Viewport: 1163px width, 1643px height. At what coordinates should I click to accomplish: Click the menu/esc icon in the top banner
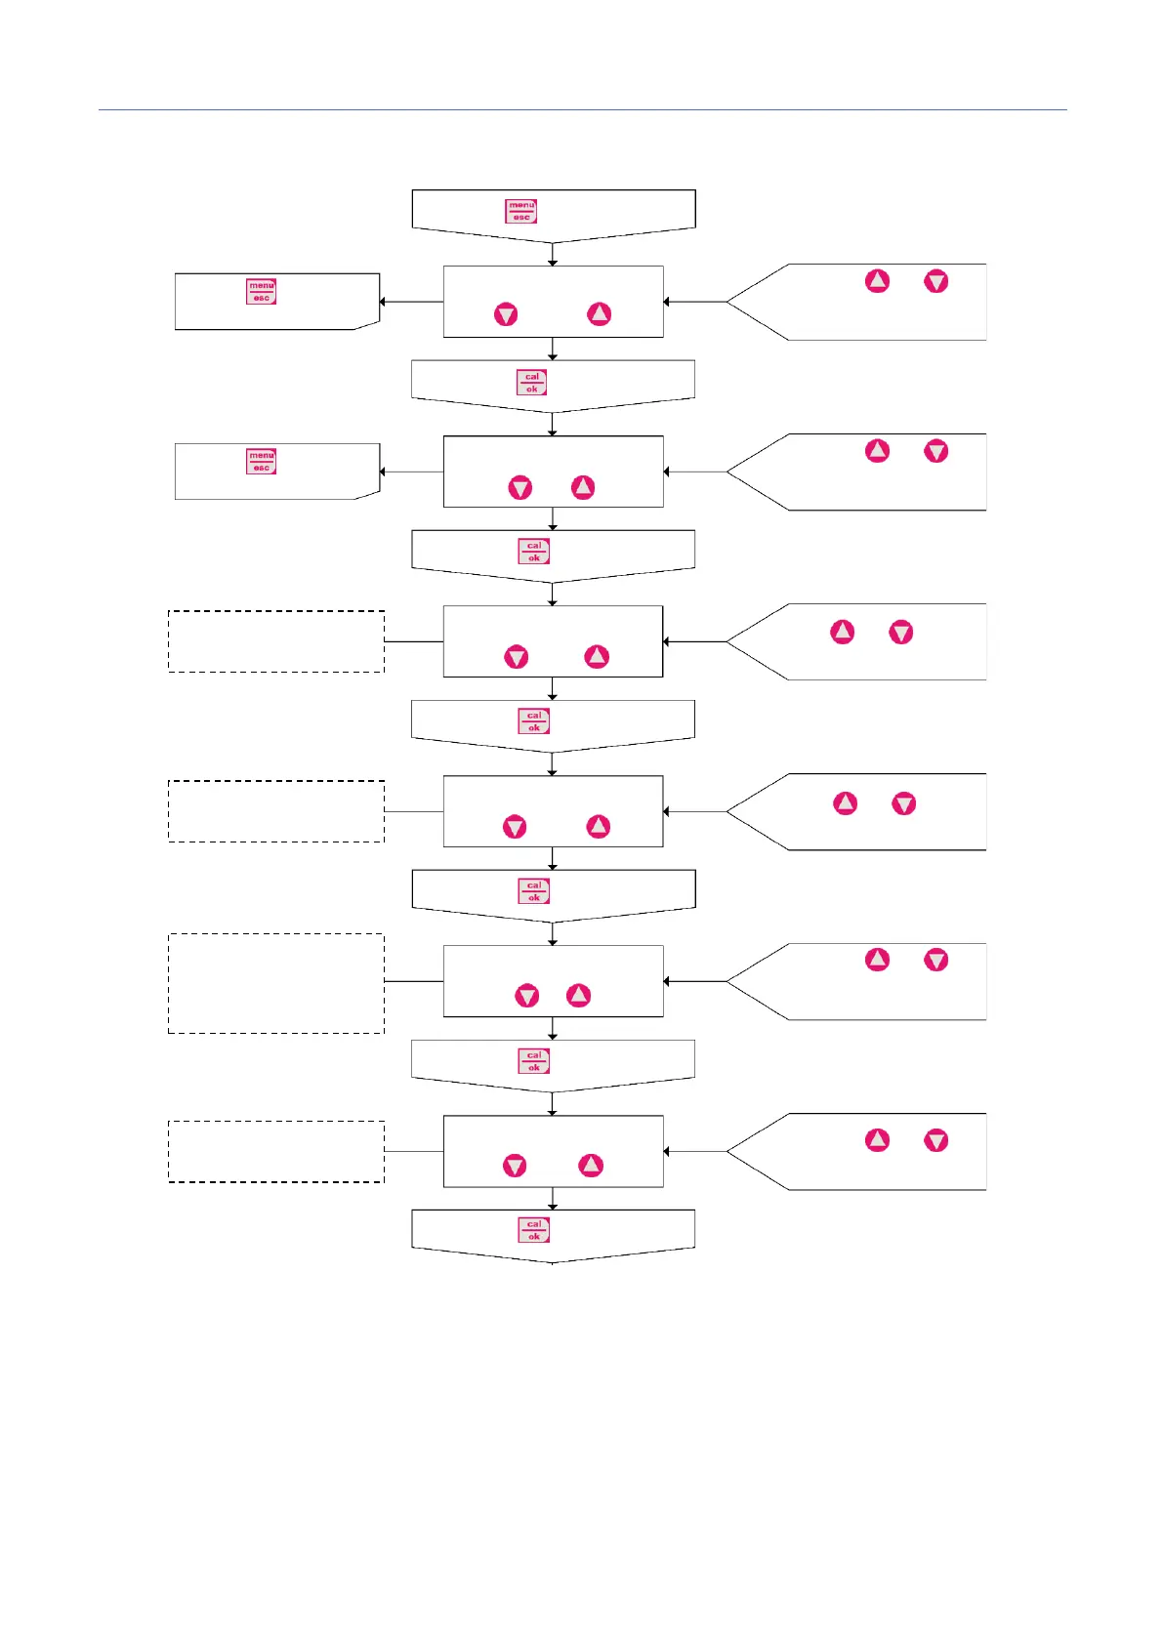[x=521, y=211]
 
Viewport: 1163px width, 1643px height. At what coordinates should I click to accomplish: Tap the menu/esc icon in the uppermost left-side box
[x=262, y=292]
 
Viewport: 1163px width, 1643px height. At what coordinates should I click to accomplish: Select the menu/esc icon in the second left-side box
[x=262, y=461]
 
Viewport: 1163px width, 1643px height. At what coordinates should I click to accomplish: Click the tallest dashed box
[x=276, y=983]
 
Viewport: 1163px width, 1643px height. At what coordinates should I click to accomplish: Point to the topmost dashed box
[x=276, y=641]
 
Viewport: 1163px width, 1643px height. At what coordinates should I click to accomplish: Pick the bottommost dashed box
[x=276, y=1152]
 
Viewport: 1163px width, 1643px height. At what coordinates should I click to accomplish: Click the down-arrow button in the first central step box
[x=506, y=314]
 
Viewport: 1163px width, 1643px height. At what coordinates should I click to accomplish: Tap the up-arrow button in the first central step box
[x=599, y=313]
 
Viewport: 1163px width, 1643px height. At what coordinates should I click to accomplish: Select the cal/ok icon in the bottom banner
[x=534, y=1230]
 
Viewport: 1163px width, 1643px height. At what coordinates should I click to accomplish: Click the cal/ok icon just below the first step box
[x=532, y=382]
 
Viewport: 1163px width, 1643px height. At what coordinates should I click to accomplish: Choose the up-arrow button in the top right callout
[x=878, y=281]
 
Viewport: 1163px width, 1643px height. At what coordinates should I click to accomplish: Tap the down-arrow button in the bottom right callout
[x=936, y=1140]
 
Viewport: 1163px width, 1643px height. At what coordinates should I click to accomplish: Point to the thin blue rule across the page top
[x=582, y=110]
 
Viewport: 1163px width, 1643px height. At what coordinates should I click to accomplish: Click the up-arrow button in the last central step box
[x=591, y=1166]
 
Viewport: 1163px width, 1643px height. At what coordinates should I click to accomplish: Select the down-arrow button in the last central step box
[x=515, y=1166]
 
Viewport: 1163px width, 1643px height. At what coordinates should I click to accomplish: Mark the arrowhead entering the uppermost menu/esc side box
[x=383, y=302]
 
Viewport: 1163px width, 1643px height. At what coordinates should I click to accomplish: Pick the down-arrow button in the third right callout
[x=901, y=633]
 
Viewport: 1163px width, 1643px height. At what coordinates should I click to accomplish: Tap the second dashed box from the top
[x=276, y=811]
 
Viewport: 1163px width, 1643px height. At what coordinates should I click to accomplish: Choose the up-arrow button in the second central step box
[x=583, y=487]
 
